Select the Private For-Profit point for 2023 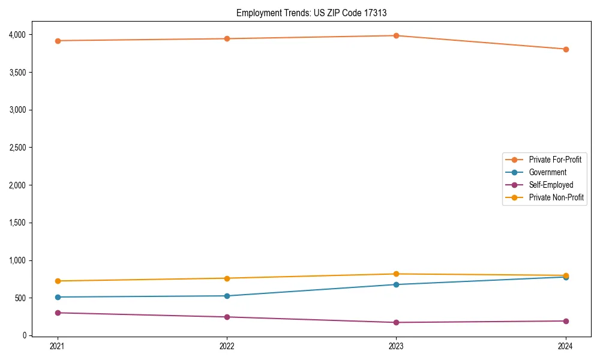[396, 35]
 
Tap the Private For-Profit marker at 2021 [58, 41]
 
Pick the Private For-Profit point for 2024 [566, 49]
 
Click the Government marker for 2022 [227, 296]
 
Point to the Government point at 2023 [396, 284]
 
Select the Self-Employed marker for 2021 [58, 313]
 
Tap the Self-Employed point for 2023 [396, 322]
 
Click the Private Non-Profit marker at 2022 [227, 278]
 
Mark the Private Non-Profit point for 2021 [58, 281]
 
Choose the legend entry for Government [547, 172]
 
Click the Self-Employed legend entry [551, 185]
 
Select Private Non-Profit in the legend [556, 197]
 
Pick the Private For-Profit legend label [555, 160]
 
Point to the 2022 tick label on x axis [227, 346]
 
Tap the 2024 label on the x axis [566, 346]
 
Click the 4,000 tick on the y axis [16, 35]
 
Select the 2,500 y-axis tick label [16, 148]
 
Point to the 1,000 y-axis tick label [16, 260]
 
